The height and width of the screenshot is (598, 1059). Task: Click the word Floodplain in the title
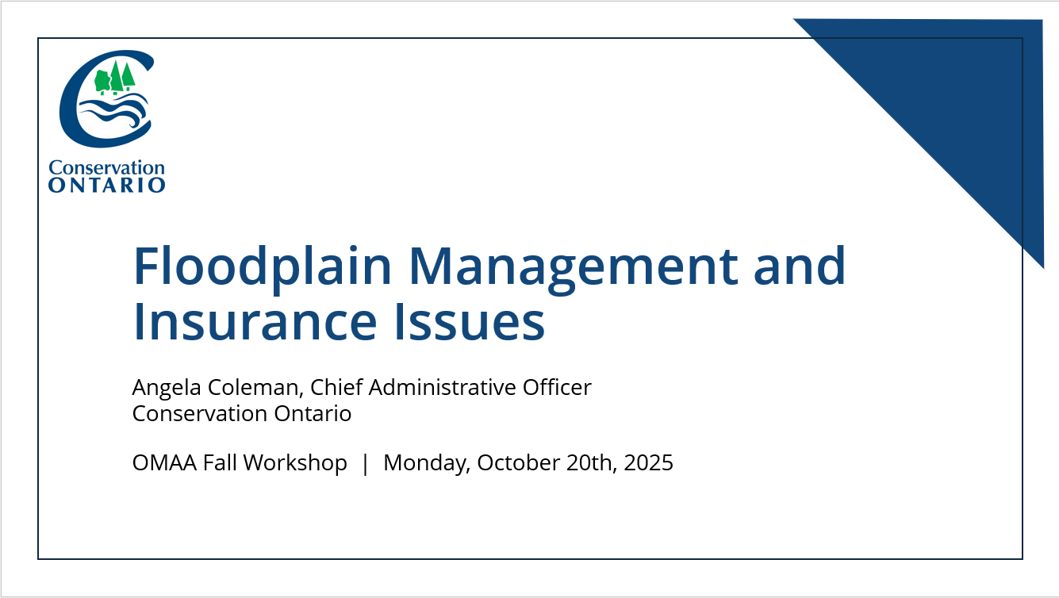click(263, 267)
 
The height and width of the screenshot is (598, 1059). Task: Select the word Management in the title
click(573, 267)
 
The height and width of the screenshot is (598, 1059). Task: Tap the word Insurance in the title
click(255, 321)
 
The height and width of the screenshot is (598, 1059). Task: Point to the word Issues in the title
click(470, 321)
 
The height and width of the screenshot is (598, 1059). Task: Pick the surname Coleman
click(255, 388)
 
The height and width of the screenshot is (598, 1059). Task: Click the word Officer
click(557, 387)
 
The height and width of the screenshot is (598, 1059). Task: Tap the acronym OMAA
click(164, 463)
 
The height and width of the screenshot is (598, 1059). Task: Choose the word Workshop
click(295, 463)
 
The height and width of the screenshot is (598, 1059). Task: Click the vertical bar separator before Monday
click(365, 463)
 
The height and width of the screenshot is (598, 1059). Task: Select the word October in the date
click(519, 463)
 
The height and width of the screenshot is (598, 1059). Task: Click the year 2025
click(648, 463)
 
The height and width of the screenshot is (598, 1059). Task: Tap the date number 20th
click(592, 463)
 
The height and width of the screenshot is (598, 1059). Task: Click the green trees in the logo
click(114, 78)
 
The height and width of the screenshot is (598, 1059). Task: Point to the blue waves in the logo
click(114, 110)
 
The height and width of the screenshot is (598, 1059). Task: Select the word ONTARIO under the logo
click(107, 185)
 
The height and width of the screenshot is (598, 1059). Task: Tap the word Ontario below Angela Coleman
click(313, 414)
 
